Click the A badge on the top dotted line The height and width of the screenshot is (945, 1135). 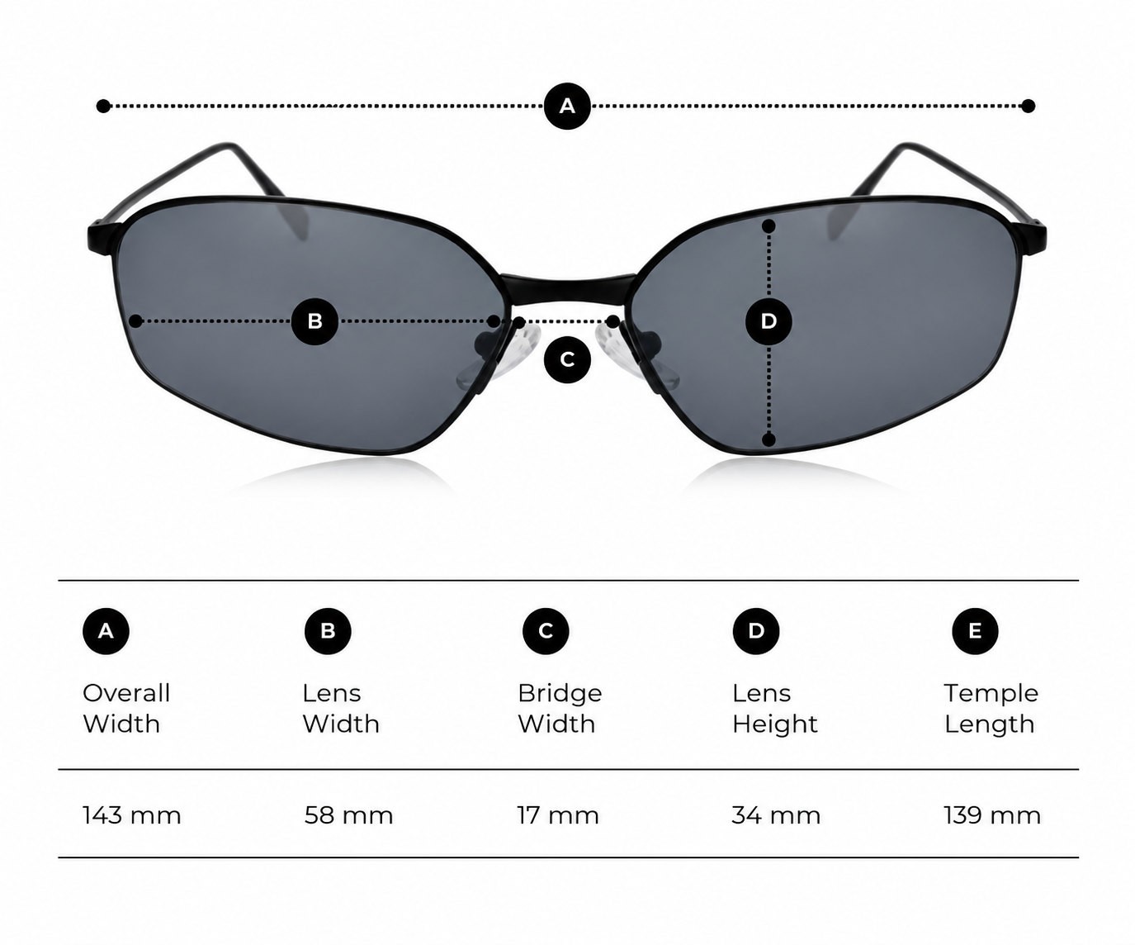567,106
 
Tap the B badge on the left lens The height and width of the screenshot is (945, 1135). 314,321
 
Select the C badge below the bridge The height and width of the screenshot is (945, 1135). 567,359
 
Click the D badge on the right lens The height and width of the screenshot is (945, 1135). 768,321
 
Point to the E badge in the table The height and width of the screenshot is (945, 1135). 975,631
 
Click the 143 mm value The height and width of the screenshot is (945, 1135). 131,815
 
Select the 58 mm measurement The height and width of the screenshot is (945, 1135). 348,815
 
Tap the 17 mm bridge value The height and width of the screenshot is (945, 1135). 558,815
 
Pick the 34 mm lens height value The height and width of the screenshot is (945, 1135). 776,815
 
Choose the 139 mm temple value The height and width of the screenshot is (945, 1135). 992,815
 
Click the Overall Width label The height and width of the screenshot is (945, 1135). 126,709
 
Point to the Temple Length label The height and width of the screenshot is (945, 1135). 991,709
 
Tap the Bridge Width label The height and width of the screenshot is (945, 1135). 560,709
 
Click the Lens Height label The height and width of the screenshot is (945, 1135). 774,709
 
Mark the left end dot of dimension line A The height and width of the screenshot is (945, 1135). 103,106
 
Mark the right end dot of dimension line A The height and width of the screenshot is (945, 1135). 1028,106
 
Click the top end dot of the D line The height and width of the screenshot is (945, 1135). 768,226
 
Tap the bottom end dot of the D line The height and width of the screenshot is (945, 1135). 768,439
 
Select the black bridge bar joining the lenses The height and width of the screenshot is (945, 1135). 567,288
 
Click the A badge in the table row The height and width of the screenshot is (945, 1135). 106,631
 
